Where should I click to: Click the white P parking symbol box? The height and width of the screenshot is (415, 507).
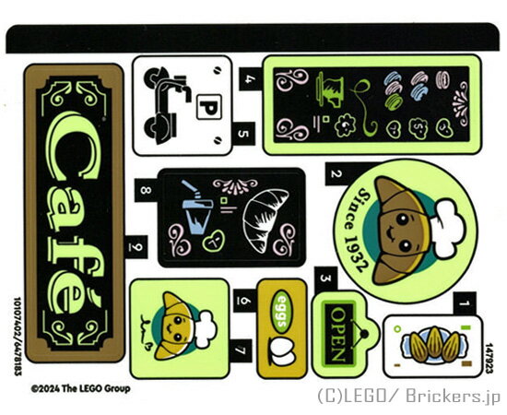pyautogui.click(x=209, y=107)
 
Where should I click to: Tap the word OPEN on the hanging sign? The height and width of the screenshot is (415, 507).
pyautogui.click(x=337, y=334)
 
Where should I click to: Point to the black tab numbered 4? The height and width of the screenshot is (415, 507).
pyautogui.click(x=250, y=79)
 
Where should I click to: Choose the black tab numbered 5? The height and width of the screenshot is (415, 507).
pyautogui.click(x=243, y=134)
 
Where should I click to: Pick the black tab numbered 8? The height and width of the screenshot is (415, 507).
pyautogui.click(x=147, y=190)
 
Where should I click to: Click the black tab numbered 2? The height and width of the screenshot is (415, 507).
pyautogui.click(x=336, y=173)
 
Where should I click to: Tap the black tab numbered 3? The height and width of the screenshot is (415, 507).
pyautogui.click(x=325, y=279)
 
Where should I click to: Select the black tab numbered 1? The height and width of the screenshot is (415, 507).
pyautogui.click(x=465, y=303)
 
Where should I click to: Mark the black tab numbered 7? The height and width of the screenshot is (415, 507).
pyautogui.click(x=241, y=350)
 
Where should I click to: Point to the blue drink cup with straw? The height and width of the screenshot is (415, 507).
pyautogui.click(x=195, y=207)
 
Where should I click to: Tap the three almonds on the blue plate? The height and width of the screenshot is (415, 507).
pyautogui.click(x=434, y=345)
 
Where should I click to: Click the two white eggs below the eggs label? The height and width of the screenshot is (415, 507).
pyautogui.click(x=282, y=352)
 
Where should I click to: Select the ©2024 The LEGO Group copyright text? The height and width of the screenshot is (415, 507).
pyautogui.click(x=81, y=388)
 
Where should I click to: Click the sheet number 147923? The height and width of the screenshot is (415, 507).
pyautogui.click(x=489, y=359)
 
